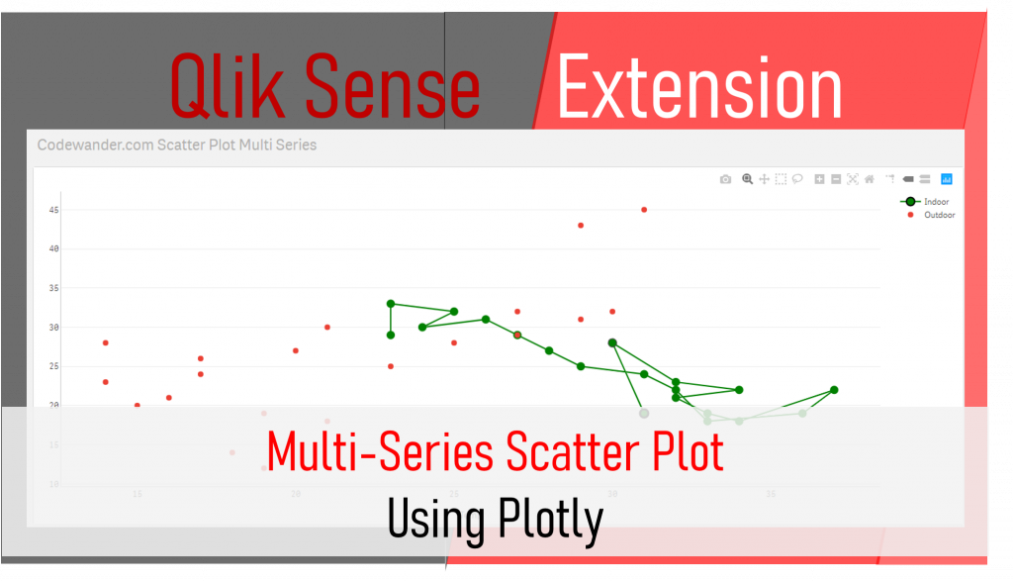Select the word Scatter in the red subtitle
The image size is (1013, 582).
point(564,453)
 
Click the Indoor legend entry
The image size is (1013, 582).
point(935,202)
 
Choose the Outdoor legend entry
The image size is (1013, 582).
point(938,215)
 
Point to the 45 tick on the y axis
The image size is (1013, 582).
point(54,210)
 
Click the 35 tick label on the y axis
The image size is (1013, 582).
point(54,288)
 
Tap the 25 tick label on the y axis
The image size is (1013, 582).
point(54,366)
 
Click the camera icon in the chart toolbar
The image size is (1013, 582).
point(725,179)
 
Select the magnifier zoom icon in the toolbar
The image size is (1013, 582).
point(748,179)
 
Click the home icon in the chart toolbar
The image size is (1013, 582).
point(870,179)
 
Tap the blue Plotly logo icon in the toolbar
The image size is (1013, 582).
point(947,179)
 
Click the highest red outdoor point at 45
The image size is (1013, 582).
point(644,210)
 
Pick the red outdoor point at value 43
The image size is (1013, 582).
point(581,226)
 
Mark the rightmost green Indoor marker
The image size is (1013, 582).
point(834,390)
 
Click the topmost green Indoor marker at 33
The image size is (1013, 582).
point(391,304)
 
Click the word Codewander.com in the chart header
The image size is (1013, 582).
point(95,145)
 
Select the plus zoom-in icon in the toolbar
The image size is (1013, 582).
point(819,179)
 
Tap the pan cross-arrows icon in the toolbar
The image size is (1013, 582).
point(764,179)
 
